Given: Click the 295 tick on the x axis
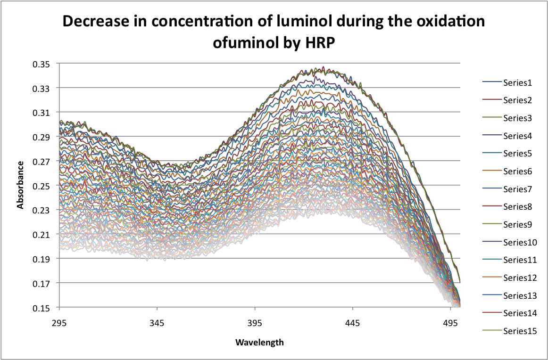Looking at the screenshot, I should point(59,324).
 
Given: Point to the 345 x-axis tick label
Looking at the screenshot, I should point(157,324).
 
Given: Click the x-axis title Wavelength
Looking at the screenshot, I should point(259,342).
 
